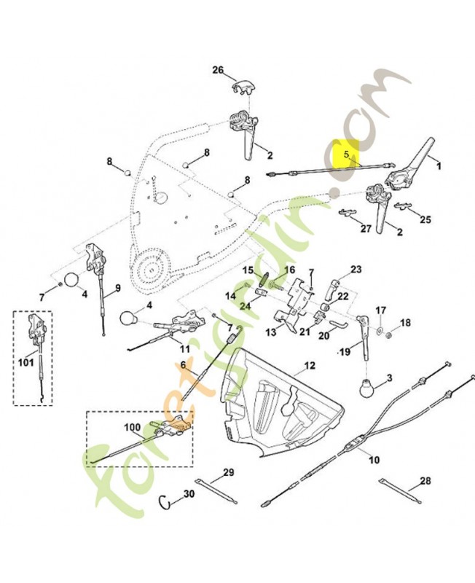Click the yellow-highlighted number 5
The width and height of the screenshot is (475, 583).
point(348,154)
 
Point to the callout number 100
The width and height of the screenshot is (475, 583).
point(133,427)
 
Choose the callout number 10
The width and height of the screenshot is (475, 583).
point(374,461)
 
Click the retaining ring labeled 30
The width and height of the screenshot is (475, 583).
point(166,501)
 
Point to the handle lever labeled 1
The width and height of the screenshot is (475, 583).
point(422,154)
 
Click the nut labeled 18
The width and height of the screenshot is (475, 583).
point(390,336)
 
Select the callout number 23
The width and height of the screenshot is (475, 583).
point(356,269)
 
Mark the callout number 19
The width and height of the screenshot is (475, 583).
point(345,351)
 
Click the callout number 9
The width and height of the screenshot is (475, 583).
point(116,289)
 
